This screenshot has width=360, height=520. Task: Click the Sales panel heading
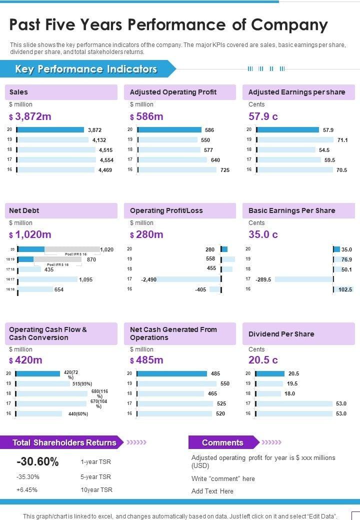19,92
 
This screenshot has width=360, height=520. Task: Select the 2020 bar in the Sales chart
50,130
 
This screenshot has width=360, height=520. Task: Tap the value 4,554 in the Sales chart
106,160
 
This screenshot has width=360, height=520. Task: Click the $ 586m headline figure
146,117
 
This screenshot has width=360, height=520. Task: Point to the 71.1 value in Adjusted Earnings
342,140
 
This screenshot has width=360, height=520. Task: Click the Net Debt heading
24,210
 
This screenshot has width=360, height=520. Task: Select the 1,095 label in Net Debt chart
85,279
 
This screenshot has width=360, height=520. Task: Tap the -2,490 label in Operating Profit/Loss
149,279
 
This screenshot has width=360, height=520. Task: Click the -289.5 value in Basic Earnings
263,279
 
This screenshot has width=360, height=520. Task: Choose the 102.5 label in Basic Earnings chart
345,289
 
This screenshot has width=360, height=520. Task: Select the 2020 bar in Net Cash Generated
171,373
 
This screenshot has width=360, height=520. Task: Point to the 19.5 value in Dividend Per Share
292,383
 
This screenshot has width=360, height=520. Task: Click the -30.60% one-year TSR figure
37,462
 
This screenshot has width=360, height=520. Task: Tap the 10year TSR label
96,490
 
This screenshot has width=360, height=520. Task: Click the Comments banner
222,442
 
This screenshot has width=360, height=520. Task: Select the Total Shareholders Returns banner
64,442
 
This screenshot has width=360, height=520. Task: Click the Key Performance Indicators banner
86,69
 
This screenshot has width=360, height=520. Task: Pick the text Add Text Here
212,491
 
